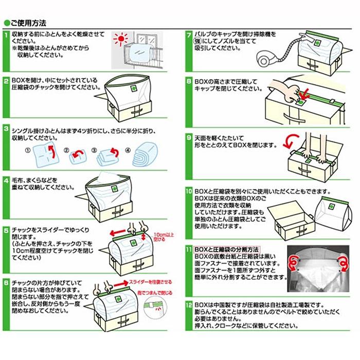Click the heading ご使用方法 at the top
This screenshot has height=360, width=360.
coord(28,23)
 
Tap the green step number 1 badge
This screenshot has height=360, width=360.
coord(5,35)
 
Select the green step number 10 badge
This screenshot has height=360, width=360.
coord(189,191)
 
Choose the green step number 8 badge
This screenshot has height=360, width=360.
coord(189,81)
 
